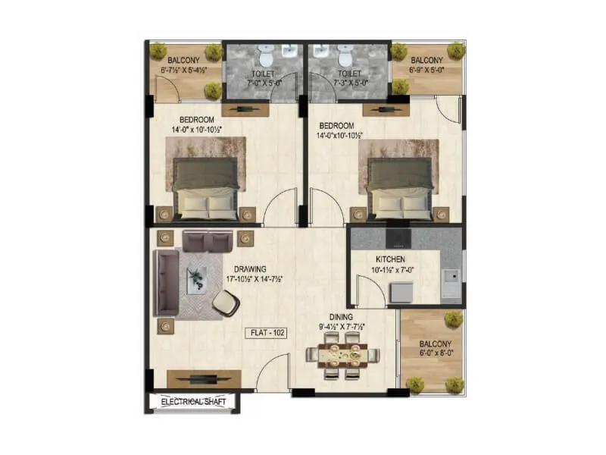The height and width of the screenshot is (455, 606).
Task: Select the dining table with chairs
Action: click(341, 358)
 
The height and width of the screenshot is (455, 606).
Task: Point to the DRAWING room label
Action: click(249, 268)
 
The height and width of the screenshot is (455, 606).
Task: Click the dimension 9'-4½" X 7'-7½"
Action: click(341, 328)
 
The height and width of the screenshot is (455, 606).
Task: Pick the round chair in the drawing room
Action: click(225, 303)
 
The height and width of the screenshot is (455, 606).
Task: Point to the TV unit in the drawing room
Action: click(204, 378)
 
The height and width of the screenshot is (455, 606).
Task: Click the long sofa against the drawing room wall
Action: click(166, 281)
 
